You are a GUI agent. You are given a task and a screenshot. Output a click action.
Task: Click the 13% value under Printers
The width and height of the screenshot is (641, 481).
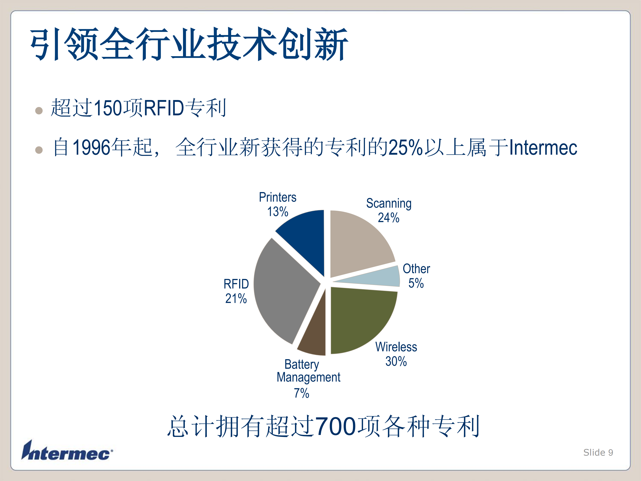[x=278, y=212]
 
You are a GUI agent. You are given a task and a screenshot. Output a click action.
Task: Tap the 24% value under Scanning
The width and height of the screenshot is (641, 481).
[x=389, y=218]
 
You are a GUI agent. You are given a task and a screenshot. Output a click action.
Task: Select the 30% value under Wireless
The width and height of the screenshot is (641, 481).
[x=396, y=362]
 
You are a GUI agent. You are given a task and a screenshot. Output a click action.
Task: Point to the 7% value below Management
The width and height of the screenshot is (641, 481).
[x=302, y=393]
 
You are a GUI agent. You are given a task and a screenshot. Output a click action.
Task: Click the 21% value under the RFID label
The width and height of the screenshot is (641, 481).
[x=236, y=299]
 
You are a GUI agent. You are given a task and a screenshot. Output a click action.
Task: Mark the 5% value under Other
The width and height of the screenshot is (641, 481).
[x=416, y=283]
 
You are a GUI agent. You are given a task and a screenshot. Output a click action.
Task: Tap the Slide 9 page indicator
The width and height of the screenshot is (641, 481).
[x=598, y=452]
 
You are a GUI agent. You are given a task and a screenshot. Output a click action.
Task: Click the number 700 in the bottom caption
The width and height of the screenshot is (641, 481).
[x=336, y=426]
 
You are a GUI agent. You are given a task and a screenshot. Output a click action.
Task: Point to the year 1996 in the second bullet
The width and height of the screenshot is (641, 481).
[x=91, y=147]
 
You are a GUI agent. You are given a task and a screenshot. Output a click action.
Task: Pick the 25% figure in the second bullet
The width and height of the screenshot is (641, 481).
[x=406, y=147]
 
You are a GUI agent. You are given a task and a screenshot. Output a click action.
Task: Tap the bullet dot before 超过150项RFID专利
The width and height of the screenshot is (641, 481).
[x=39, y=111]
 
